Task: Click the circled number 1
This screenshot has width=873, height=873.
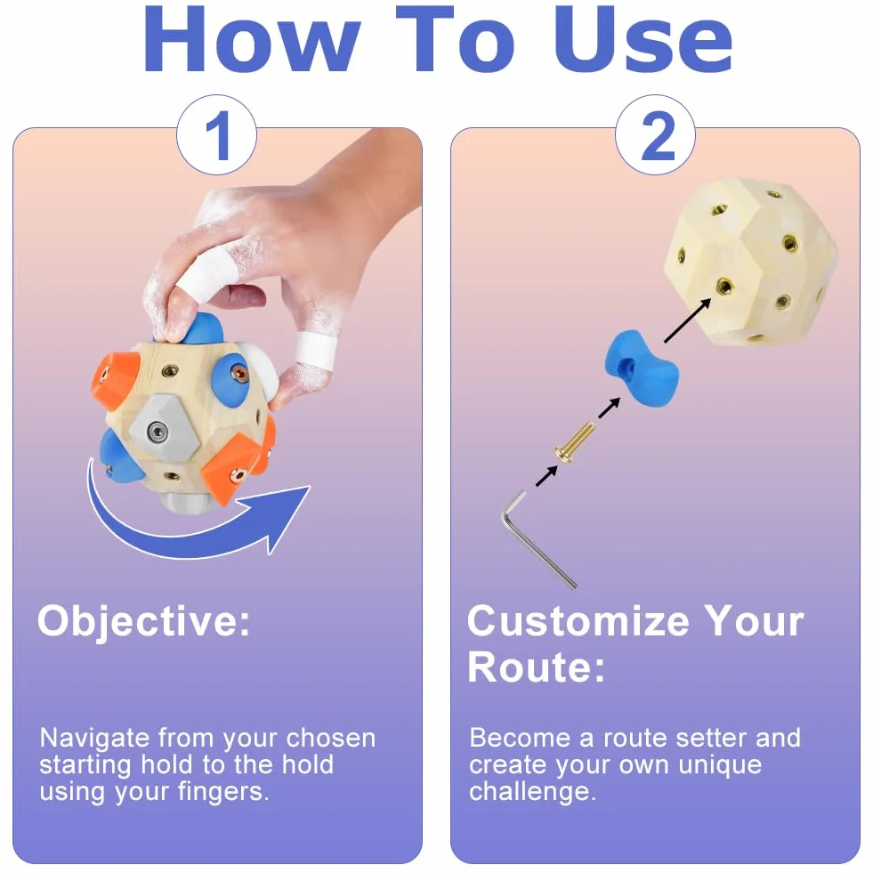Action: [216, 135]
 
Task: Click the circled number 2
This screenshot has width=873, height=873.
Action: [655, 135]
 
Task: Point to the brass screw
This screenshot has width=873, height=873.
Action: [573, 441]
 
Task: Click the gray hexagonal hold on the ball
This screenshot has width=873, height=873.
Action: [160, 429]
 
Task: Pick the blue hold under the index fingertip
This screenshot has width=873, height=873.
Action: [200, 328]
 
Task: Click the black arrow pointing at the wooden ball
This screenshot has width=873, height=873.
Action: [688, 320]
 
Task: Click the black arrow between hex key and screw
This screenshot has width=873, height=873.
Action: [546, 477]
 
